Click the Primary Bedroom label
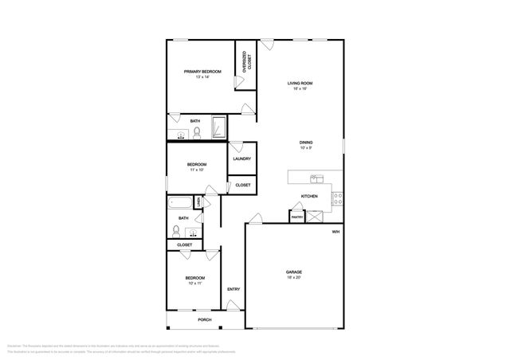coord(202,74)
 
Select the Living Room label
coord(300,85)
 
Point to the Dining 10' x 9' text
coord(306,145)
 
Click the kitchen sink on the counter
coord(316,178)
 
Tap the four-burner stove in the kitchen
coord(338,196)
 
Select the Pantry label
coord(296,217)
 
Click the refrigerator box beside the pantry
coord(316,215)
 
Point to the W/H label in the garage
coord(336,232)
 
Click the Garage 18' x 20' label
coord(294,275)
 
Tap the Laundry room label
coord(242,158)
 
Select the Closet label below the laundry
coord(243,185)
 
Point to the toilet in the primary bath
coord(197,133)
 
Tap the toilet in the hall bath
coord(175,231)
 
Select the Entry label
coord(233,289)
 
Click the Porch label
coord(206,320)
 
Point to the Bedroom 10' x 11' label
coord(196,280)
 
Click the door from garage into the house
coord(255,218)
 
